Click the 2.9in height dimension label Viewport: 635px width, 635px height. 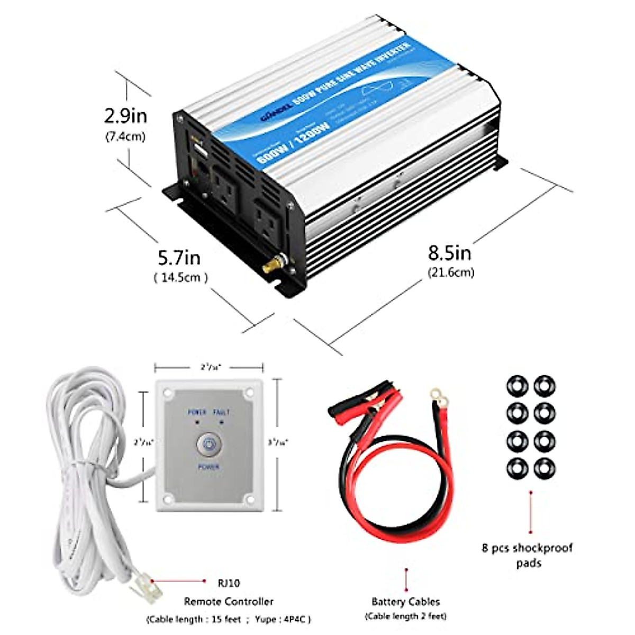point(125,115)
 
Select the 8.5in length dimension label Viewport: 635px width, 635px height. point(450,253)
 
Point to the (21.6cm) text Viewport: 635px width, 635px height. point(450,273)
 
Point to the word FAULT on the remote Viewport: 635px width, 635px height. point(221,412)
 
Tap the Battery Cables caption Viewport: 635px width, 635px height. point(406,602)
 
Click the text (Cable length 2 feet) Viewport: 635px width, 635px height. point(406,616)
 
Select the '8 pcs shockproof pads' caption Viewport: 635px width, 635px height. point(527,556)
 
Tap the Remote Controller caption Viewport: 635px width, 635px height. point(229,602)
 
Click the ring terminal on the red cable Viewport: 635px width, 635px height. point(437,394)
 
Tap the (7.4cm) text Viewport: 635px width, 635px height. point(125,137)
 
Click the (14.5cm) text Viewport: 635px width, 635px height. point(180,277)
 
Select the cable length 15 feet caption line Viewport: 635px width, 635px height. point(229,619)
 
